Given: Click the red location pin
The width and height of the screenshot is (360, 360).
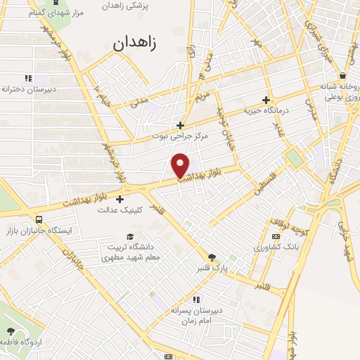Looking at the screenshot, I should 181,165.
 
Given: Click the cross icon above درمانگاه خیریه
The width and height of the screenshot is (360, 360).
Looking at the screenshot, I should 266,100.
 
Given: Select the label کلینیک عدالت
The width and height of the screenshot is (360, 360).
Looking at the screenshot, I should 120,210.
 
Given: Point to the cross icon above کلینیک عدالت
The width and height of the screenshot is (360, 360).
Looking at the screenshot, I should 120,199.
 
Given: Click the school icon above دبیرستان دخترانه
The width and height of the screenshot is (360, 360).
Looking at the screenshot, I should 28,79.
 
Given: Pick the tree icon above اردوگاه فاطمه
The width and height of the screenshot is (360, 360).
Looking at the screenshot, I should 10,331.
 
